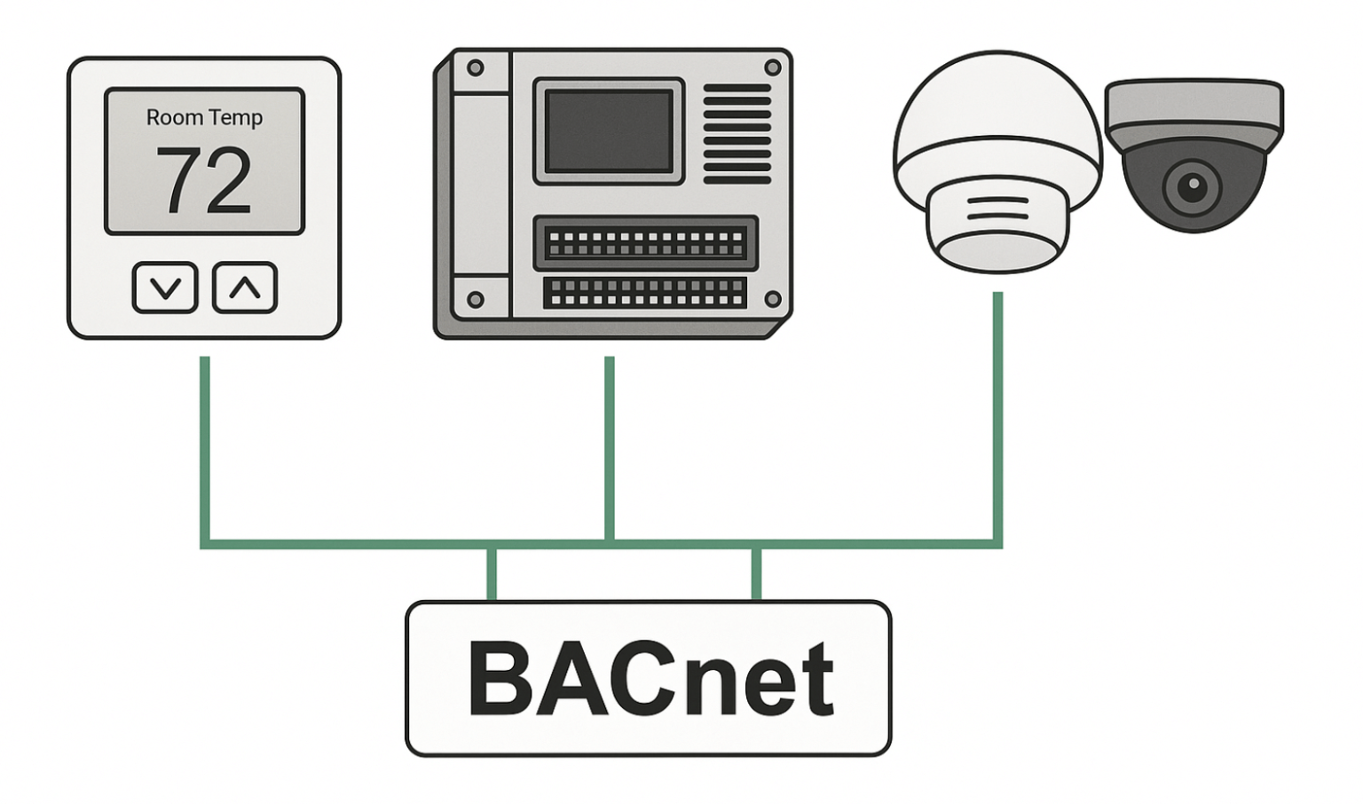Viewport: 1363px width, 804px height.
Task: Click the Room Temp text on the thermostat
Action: (204, 118)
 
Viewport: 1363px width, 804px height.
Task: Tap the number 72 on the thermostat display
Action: (204, 181)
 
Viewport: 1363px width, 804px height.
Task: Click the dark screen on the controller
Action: (608, 131)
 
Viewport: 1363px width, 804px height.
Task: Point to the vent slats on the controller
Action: (737, 134)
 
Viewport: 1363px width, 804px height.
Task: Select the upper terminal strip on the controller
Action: (645, 243)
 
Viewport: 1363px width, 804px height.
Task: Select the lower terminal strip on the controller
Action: (645, 293)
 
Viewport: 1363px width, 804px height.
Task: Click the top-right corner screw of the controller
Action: (772, 67)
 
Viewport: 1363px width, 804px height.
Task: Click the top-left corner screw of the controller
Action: (476, 68)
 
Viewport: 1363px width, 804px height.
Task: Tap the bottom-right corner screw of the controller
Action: (772, 299)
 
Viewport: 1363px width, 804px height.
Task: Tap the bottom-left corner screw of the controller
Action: (476, 300)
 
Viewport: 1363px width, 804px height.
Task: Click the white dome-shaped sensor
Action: (997, 160)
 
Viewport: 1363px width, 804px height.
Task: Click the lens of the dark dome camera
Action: (1193, 185)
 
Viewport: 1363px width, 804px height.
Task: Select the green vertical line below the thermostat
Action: (205, 448)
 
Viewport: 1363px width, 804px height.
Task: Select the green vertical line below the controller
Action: (610, 448)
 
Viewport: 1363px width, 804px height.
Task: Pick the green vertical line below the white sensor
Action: (997, 417)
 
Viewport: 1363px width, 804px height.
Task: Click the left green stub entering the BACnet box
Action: (492, 574)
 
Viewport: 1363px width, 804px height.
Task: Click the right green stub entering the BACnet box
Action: (756, 574)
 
